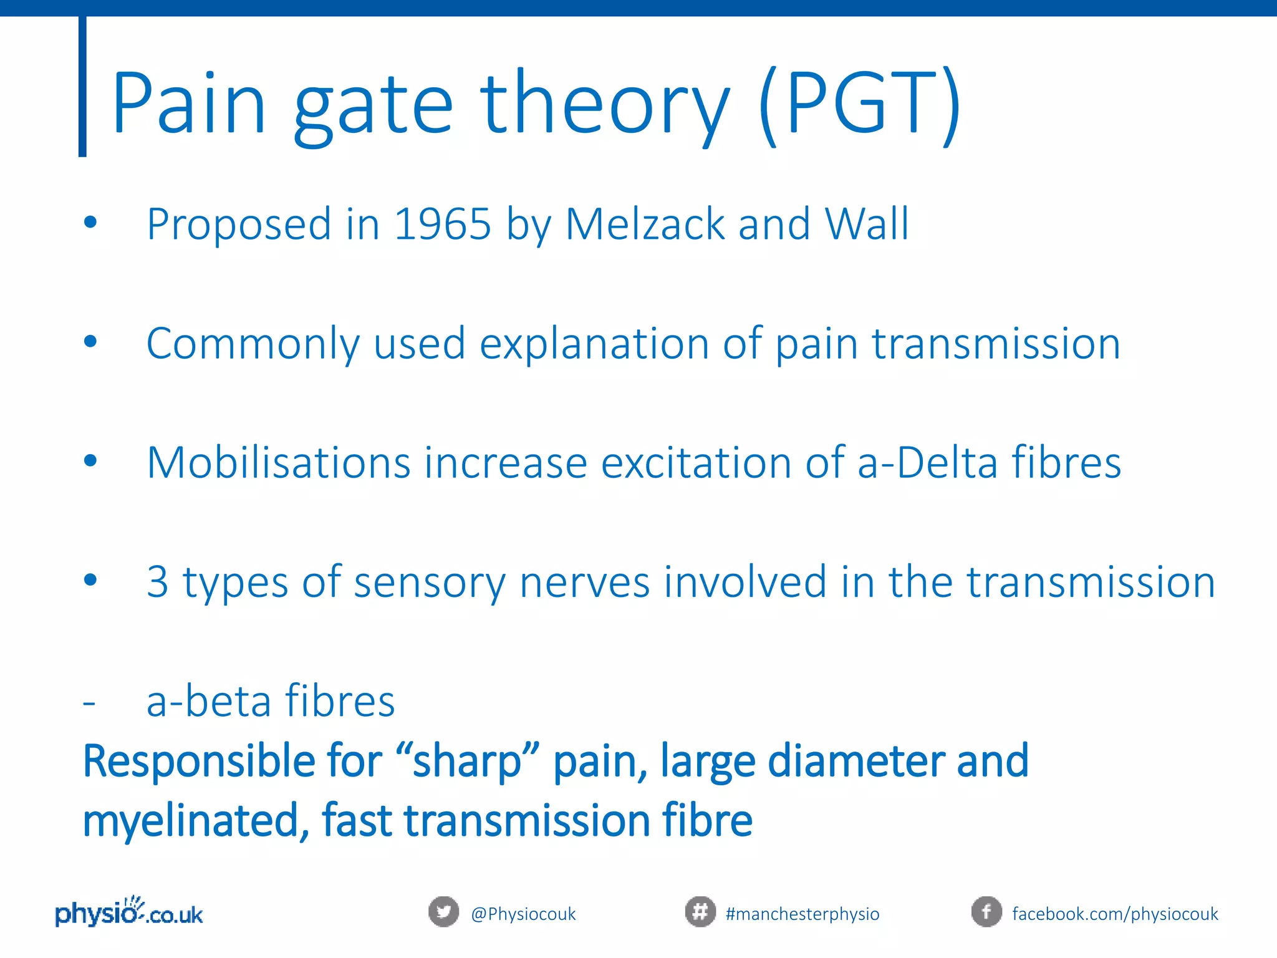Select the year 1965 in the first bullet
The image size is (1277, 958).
click(x=443, y=224)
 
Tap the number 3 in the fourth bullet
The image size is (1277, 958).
click(x=157, y=583)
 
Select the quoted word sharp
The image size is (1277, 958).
click(x=467, y=762)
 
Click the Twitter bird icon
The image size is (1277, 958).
click(x=443, y=912)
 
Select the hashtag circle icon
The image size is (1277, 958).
click(x=700, y=912)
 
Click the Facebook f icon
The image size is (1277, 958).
click(x=986, y=912)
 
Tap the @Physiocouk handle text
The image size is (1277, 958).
click(x=523, y=914)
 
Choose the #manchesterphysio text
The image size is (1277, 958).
click(x=802, y=914)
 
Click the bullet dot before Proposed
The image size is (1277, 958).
click(x=91, y=222)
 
